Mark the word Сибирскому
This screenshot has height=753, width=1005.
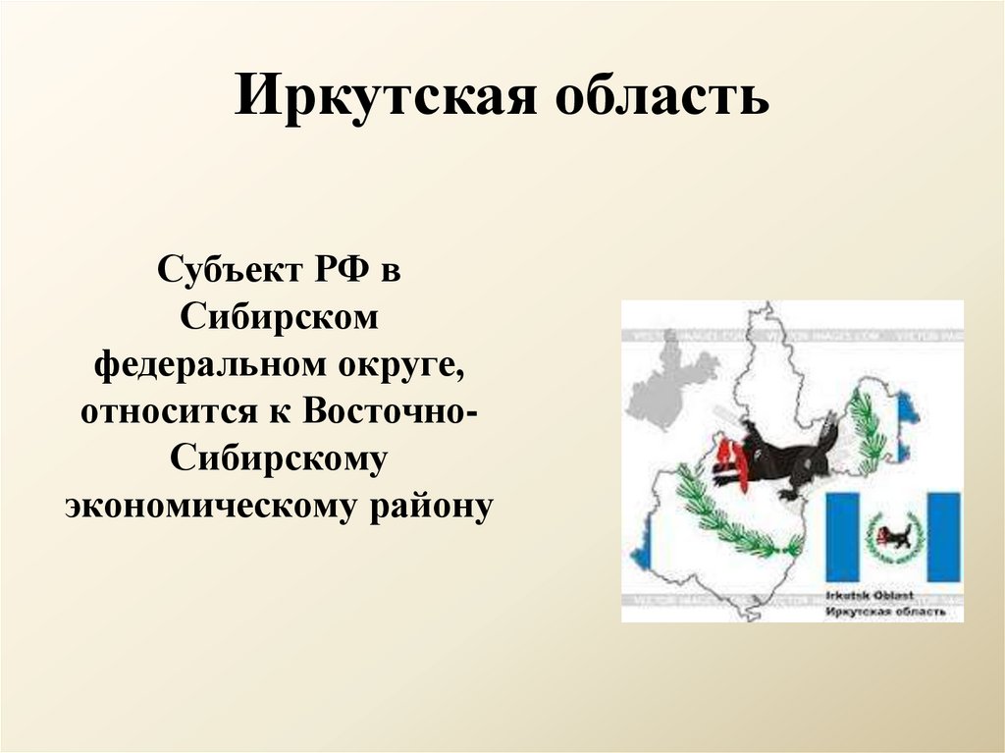click(x=280, y=458)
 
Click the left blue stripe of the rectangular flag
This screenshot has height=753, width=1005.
click(x=843, y=537)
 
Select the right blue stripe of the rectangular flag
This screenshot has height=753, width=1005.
click(x=943, y=537)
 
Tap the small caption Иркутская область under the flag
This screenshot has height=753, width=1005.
click(x=887, y=611)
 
